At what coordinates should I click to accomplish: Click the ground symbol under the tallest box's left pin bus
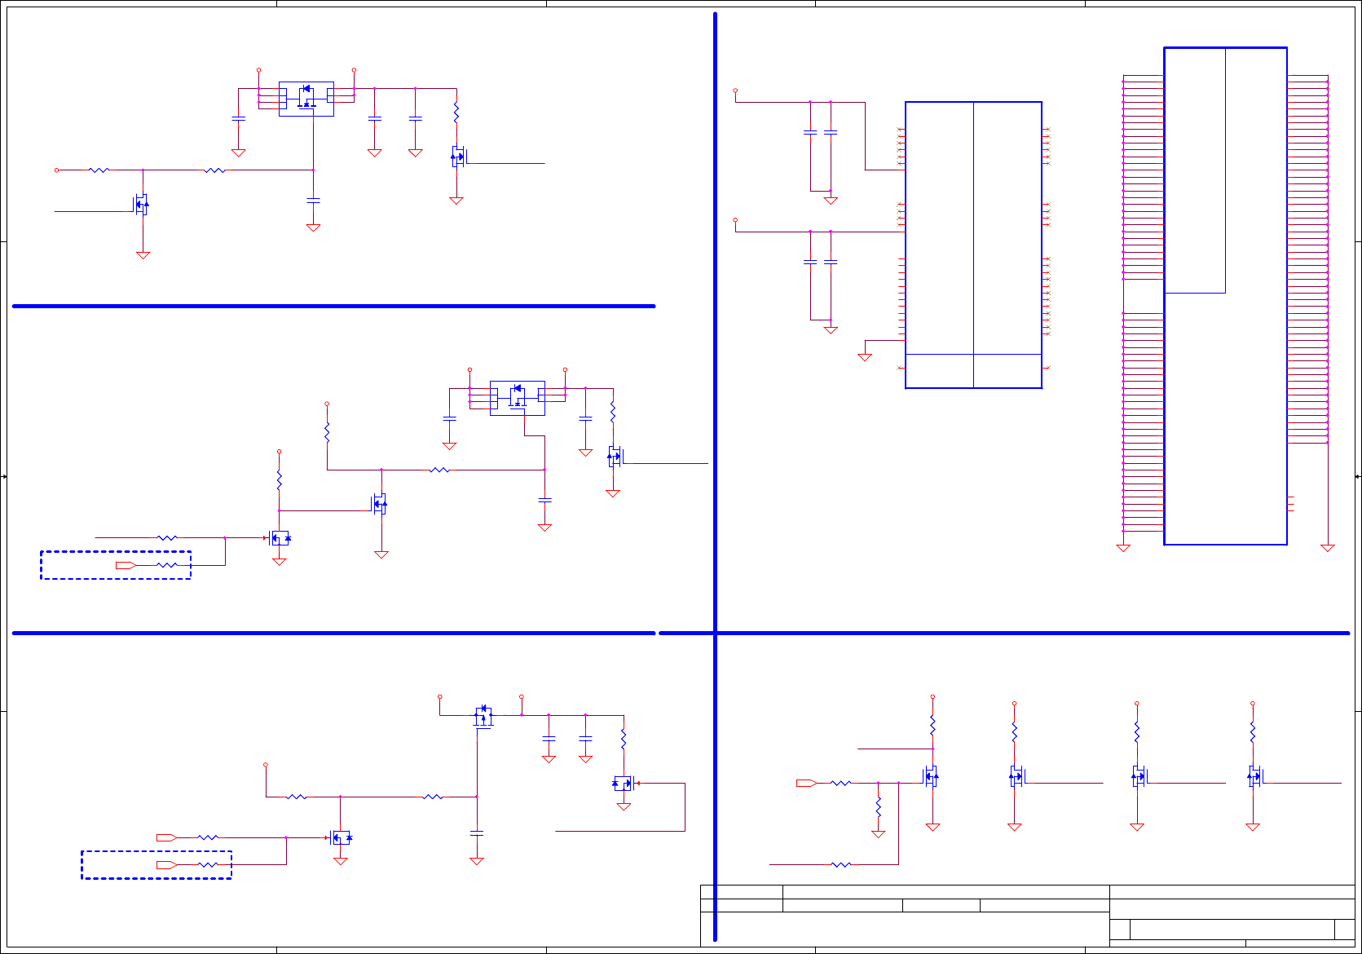tap(1123, 548)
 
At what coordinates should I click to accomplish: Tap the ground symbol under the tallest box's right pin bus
tap(1327, 548)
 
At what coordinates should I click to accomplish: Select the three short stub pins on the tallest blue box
tap(1290, 504)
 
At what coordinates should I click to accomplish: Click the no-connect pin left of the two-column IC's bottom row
tap(900, 368)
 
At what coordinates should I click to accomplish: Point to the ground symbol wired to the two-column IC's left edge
tap(865, 357)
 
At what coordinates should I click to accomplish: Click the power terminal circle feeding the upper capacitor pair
tap(735, 91)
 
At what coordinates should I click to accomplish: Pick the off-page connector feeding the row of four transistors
tap(806, 783)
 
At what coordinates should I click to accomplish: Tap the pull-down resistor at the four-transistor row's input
tap(878, 806)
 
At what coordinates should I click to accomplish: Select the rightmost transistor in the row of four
tap(1254, 776)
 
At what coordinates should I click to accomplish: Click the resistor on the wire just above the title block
tap(840, 864)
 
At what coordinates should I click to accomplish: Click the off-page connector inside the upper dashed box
tap(126, 565)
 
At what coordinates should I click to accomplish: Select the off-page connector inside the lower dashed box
tap(166, 864)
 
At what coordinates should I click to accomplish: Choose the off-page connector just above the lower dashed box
tap(166, 837)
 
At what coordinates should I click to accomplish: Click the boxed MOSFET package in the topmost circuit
tap(306, 99)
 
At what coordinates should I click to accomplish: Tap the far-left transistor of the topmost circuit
tap(142, 204)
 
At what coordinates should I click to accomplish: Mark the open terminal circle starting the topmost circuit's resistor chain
tap(56, 170)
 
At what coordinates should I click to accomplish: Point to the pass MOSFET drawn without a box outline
tap(484, 716)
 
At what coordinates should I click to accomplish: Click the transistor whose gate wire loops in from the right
tap(624, 784)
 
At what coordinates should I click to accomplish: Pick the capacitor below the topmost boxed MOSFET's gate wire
tap(313, 200)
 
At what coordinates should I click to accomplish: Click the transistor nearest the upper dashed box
tap(280, 538)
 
